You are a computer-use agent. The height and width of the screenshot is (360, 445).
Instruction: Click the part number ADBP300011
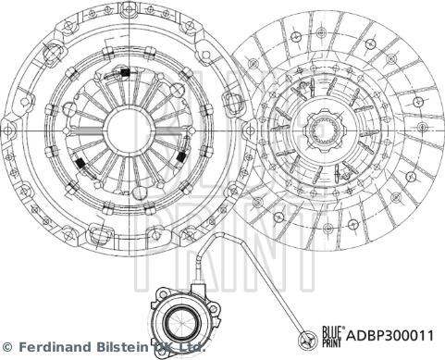coord(390,335)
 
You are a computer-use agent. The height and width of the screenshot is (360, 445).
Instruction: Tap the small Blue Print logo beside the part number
coord(332,336)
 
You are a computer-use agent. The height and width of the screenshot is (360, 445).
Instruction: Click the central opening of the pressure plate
coord(129,130)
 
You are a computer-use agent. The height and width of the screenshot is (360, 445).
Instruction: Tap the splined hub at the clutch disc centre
coord(323,130)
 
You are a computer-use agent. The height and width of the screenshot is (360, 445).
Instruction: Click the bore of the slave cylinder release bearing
coord(179,322)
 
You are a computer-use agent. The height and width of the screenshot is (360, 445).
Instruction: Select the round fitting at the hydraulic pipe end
coord(308,339)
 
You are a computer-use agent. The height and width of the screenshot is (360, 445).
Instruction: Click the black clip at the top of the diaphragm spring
coord(124,72)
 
